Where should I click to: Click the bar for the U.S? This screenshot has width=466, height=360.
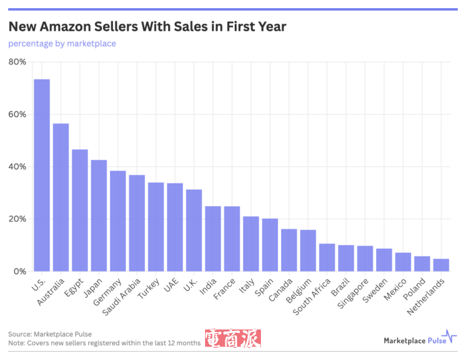pos(42,175)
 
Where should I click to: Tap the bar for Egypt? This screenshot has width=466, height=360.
pos(80,210)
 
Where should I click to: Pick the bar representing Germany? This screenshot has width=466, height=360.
pos(118,221)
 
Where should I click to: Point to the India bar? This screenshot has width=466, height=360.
pos(213,239)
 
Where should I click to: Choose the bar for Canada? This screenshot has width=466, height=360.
pos(289,250)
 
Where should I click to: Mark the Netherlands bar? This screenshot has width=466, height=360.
pos(441,265)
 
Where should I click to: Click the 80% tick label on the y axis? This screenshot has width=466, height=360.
pos(17,62)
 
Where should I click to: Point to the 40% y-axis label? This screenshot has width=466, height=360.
pos(17,167)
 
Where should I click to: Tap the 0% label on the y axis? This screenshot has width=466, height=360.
pos(19,271)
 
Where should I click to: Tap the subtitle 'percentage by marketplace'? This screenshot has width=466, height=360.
pos(62,44)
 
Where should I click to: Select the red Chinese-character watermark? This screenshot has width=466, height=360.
pos(233,339)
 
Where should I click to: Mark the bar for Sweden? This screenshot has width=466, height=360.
pos(384,260)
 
